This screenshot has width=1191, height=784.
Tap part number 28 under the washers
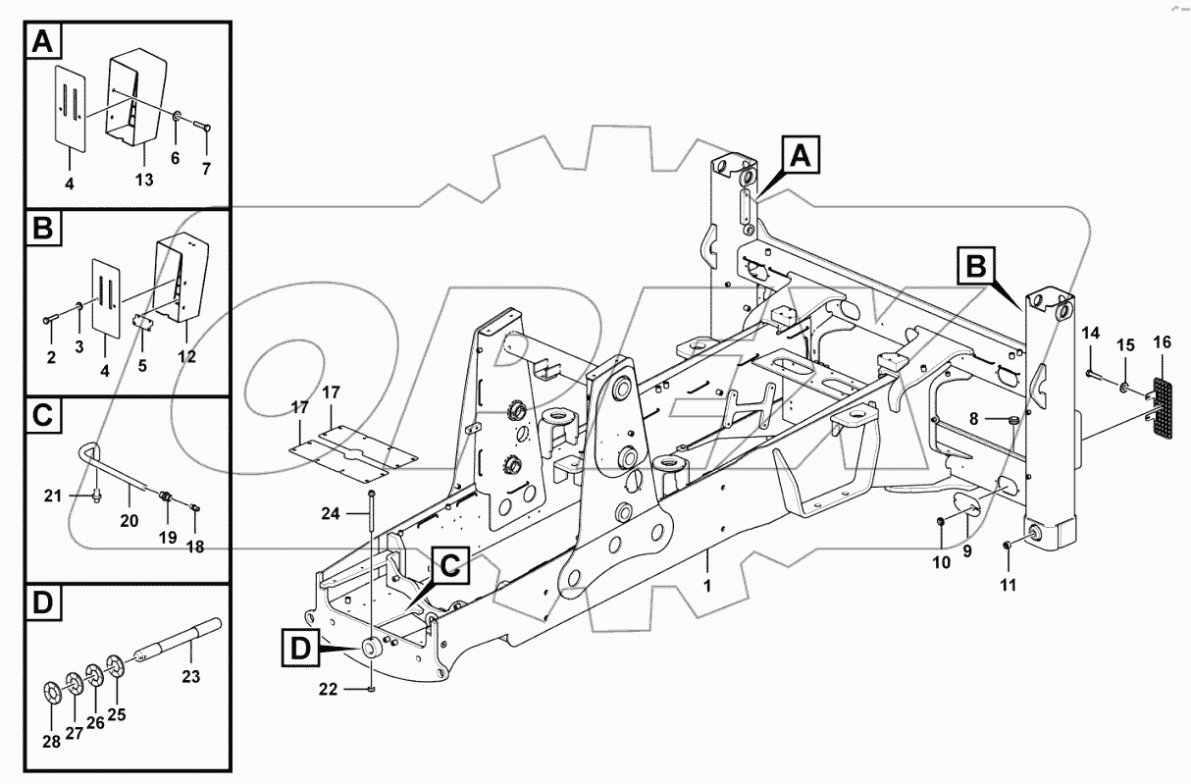[51, 742]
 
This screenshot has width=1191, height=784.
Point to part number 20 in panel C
[129, 521]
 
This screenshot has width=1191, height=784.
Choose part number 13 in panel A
[144, 180]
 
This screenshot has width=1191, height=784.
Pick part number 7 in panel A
[206, 169]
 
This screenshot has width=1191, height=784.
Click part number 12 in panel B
[186, 356]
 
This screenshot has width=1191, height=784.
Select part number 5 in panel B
[144, 366]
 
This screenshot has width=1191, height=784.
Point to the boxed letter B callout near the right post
[976, 265]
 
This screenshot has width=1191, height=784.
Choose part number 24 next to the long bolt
[330, 512]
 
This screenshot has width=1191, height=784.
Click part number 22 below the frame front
[328, 690]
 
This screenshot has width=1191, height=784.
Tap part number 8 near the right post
[973, 418]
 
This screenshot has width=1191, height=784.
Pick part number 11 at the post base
[1008, 586]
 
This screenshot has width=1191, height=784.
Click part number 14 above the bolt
[1092, 334]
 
